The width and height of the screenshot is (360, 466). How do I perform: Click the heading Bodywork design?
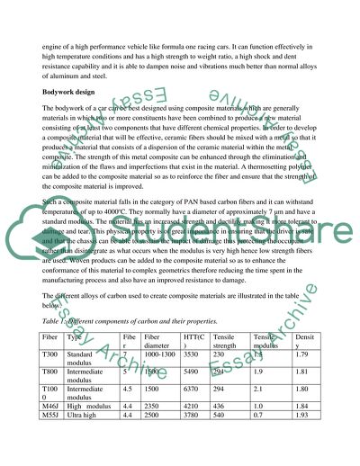[75, 92]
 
